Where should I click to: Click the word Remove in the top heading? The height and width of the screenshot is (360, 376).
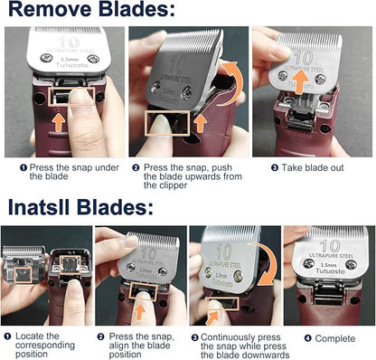[x=50, y=12]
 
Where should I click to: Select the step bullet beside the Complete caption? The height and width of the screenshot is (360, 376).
[x=307, y=337]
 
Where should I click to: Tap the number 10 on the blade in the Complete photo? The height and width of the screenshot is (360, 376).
[x=331, y=245]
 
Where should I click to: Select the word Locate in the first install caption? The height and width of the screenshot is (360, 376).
[x=33, y=336]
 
